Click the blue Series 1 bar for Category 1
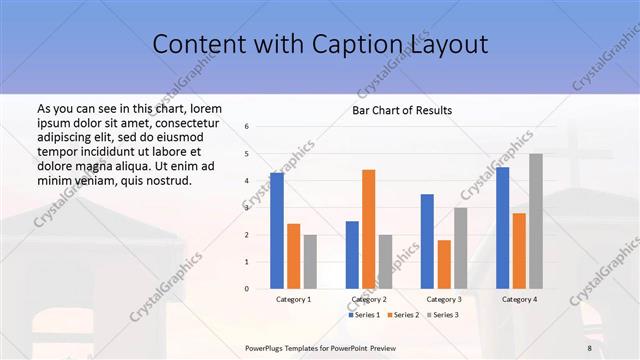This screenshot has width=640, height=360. coord(277,231)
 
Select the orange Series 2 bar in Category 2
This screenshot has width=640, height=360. coord(368,229)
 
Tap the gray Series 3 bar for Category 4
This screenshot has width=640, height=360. coord(536,221)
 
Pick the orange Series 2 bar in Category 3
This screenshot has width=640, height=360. coord(444,264)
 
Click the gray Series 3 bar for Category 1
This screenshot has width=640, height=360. coord(310,262)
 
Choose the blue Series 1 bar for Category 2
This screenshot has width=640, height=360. coord(352,255)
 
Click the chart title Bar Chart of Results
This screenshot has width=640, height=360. coord(402,110)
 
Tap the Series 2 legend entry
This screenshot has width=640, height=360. coord(402,315)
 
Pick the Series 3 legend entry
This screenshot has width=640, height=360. coord(442,315)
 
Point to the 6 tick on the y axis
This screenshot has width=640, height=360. coord(247,127)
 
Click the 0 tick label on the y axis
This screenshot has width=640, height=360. coord(247,289)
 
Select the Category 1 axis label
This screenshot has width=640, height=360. coord(294,299)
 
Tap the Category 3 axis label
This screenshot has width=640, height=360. coord(444,299)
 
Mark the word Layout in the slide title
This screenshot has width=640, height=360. coord(448,45)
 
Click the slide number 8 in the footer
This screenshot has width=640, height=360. coord(589,347)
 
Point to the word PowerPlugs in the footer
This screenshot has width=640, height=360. coord(266,347)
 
